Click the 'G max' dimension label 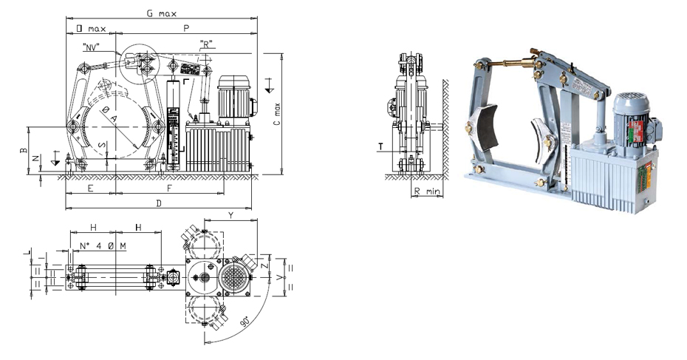[x=161, y=13]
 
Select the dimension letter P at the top [x=186, y=29]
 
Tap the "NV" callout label [x=91, y=46]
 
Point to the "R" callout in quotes [x=206, y=44]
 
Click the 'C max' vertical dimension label [x=276, y=114]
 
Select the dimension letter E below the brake [x=90, y=188]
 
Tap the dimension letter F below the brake [x=170, y=188]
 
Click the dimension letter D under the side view [x=159, y=203]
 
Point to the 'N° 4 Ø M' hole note [x=103, y=246]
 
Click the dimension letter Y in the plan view [x=231, y=215]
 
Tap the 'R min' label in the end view [x=427, y=191]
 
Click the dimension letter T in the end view [x=380, y=146]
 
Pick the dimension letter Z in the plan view [x=263, y=265]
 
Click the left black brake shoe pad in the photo [x=486, y=128]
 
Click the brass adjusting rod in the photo [x=510, y=63]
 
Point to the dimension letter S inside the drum [x=102, y=145]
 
